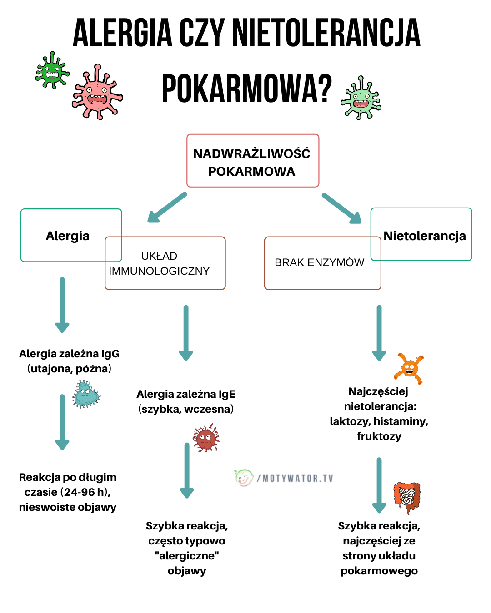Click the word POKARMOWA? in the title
[x=246, y=89]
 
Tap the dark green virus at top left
[x=52, y=70]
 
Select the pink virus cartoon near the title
[x=97, y=93]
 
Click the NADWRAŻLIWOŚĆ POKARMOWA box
[x=252, y=161]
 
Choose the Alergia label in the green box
[x=68, y=236]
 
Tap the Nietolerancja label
[x=424, y=236]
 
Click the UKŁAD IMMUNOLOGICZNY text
[x=159, y=263]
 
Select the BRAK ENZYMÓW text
[x=319, y=262]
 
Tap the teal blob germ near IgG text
[x=86, y=394]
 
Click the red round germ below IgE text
[x=206, y=438]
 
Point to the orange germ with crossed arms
[x=409, y=368]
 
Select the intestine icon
[x=406, y=497]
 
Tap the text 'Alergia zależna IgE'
[x=186, y=394]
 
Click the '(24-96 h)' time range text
[x=85, y=492]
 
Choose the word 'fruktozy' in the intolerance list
[x=379, y=436]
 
